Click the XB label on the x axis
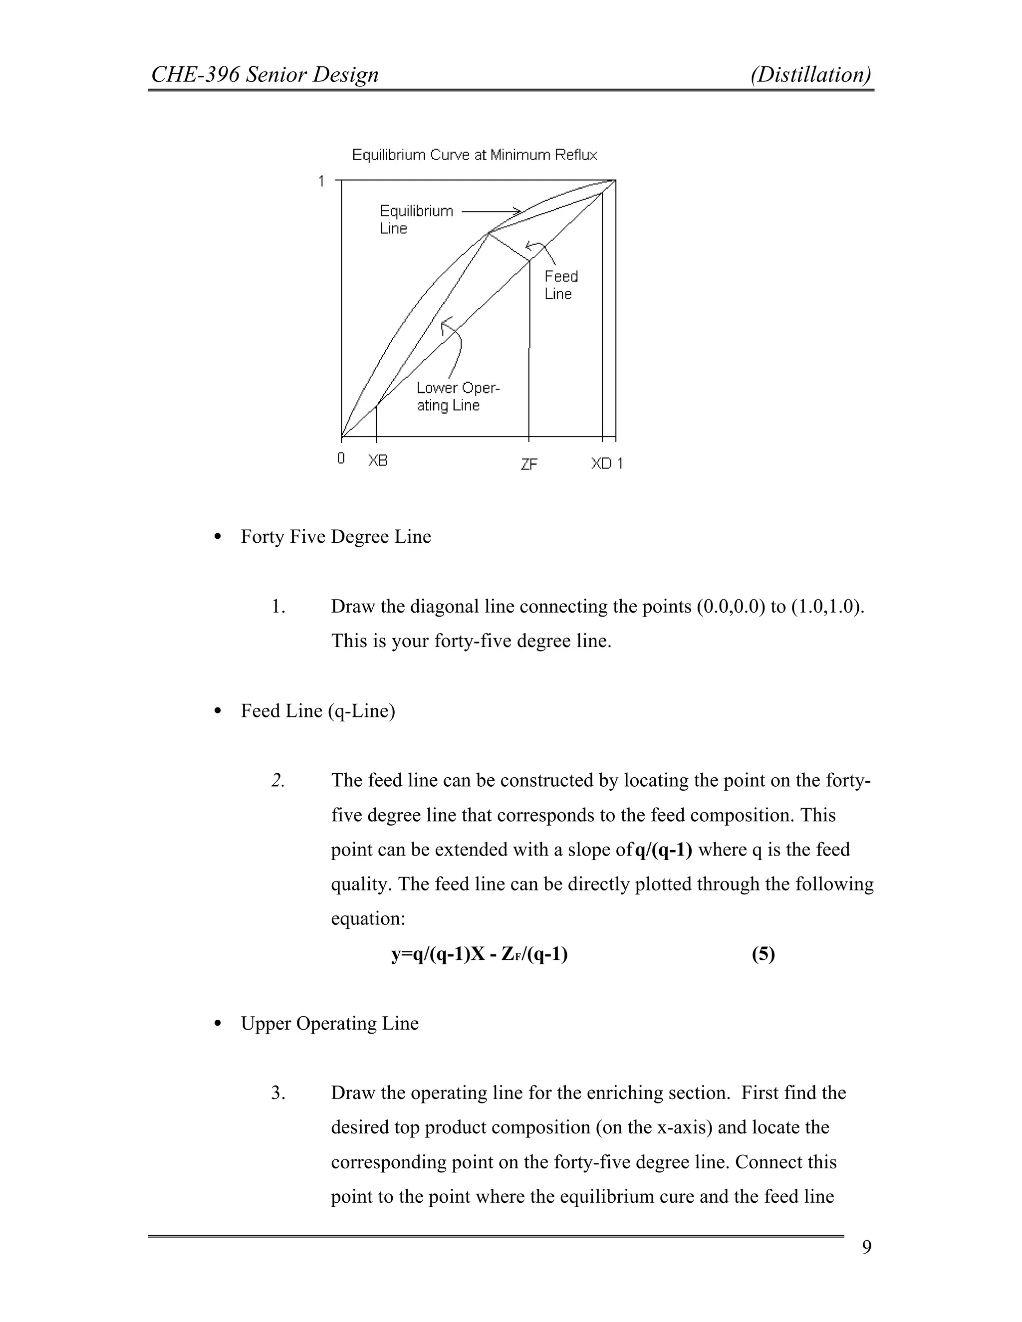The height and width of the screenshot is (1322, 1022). coord(378,460)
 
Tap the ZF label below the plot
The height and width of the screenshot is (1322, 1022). coord(528,464)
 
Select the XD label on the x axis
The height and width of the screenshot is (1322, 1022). coord(601,463)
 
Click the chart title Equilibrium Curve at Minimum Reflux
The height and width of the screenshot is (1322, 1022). coord(474,155)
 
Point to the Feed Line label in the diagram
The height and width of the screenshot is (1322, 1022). coord(560,285)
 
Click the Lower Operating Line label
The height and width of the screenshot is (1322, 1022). coord(457,397)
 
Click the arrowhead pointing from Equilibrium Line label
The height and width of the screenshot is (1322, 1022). coord(517,211)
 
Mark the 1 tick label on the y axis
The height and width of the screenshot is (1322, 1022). coord(321,181)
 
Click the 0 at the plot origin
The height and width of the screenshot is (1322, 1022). coord(341,458)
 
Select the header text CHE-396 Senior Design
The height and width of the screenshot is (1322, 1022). coord(264,74)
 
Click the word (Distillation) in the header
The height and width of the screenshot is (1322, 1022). coord(811,74)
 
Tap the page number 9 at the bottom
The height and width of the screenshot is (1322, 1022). coord(866,1265)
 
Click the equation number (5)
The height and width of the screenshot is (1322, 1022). coord(763,954)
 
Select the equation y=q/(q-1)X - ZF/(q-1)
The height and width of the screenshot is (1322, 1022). coord(479,954)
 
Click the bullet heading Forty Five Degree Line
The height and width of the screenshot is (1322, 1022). coord(335,537)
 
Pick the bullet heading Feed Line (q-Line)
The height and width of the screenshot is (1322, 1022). coord(317,710)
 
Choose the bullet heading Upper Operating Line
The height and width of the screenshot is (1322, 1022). coord(329,1024)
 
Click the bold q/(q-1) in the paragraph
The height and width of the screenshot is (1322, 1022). coord(663,850)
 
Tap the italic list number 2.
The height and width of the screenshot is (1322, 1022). coord(277,781)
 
